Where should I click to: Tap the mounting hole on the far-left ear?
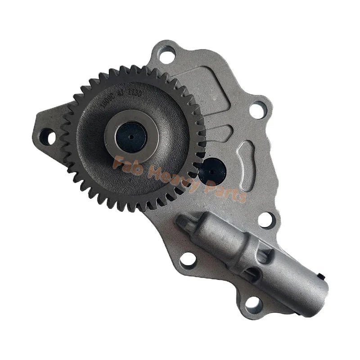tap(47, 136)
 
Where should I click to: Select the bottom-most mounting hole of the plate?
tap(253, 305)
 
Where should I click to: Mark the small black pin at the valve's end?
tap(320, 275)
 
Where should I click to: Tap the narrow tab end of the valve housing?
tap(184, 221)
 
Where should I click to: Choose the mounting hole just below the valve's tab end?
tap(187, 260)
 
